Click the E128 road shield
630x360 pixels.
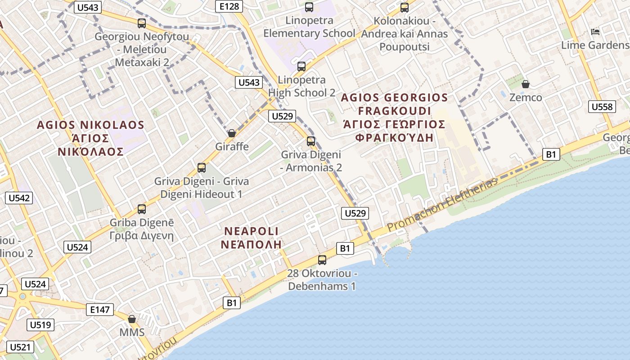pyautogui.click(x=229, y=6)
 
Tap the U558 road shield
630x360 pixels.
pyautogui.click(x=602, y=107)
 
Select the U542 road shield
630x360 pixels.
pyautogui.click(x=19, y=198)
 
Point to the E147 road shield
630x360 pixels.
pyautogui.click(x=100, y=309)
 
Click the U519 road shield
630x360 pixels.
pyautogui.click(x=40, y=325)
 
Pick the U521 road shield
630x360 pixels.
pyautogui.click(x=21, y=347)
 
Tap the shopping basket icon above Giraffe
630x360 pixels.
pyautogui.click(x=232, y=133)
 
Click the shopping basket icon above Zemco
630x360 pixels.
pyautogui.click(x=525, y=84)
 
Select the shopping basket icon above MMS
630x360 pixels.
pyautogui.click(x=132, y=319)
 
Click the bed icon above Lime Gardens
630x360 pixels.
pyautogui.click(x=595, y=32)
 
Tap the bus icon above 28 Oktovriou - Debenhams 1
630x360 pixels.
pyautogui.click(x=322, y=260)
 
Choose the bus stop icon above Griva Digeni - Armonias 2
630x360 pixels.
pyautogui.click(x=311, y=141)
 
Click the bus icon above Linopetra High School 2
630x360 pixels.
pyautogui.click(x=301, y=67)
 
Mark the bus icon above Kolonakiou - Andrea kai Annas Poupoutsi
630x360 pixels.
pyautogui.click(x=405, y=8)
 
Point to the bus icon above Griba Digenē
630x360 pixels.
pyautogui.click(x=142, y=209)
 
